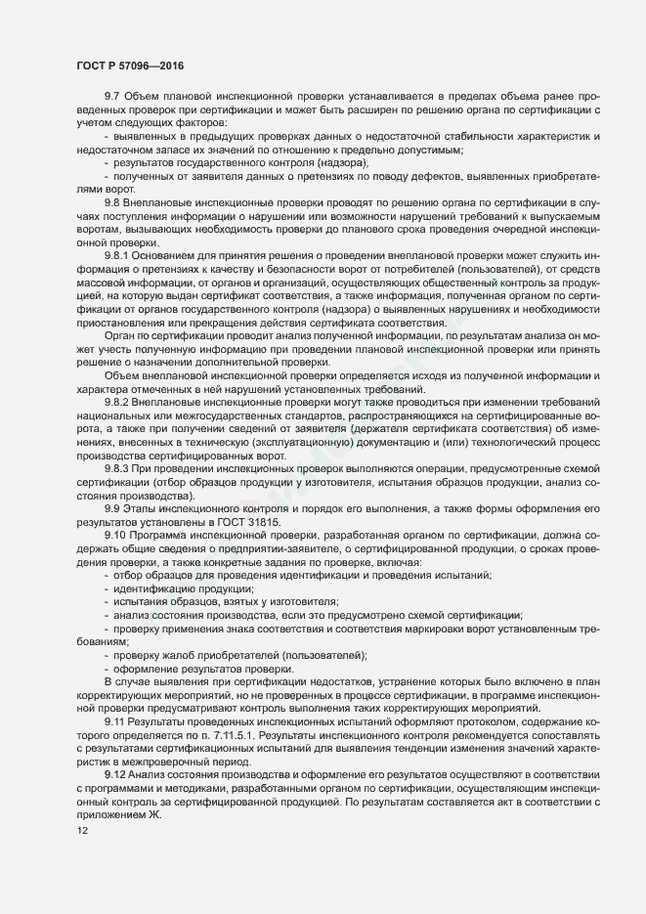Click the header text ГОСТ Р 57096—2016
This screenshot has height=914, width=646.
click(130, 66)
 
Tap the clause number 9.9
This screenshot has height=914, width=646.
click(111, 509)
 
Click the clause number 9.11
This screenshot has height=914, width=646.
click(115, 719)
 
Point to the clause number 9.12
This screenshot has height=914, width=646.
click(115, 774)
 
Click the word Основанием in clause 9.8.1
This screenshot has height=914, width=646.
click(171, 253)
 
